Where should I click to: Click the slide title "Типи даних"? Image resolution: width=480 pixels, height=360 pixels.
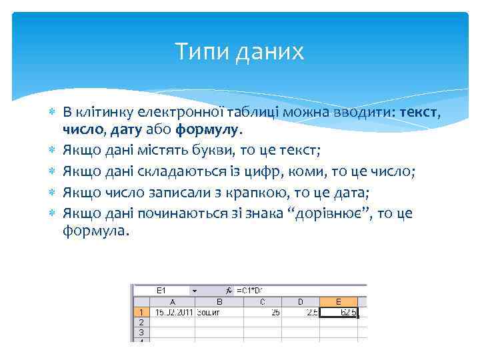coord(239,51)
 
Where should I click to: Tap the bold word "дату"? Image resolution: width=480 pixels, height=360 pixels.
coord(127,127)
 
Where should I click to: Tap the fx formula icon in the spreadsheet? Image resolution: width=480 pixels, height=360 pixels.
coord(228,291)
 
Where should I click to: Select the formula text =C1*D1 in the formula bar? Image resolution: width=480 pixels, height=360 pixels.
coord(249,291)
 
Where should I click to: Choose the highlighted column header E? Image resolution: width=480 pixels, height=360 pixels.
coord(339,302)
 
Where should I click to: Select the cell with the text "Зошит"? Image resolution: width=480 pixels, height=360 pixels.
coord(215,311)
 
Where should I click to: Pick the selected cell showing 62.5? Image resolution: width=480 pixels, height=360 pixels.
coord(339,311)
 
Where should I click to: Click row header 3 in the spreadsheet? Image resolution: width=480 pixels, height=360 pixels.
coord(140,331)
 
